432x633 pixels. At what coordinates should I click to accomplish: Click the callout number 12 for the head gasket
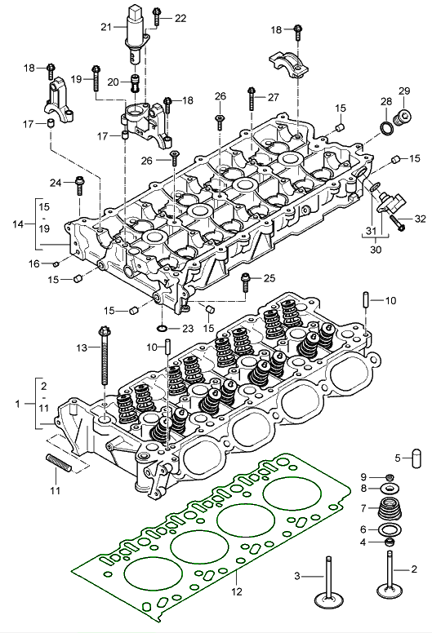click(236, 591)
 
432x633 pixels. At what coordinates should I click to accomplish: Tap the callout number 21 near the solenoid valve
click(106, 27)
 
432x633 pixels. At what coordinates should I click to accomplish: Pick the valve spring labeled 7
click(390, 509)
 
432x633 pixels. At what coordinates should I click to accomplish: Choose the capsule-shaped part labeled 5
click(416, 458)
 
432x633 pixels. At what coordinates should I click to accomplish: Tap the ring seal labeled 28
click(386, 128)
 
